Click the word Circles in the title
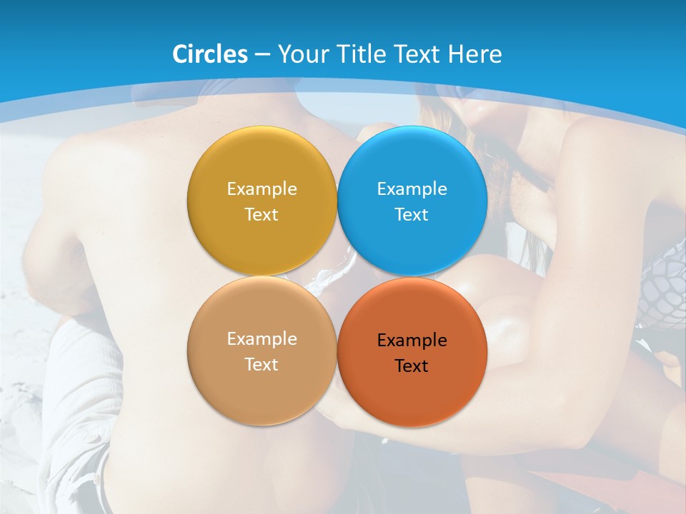(x=209, y=54)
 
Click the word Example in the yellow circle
(x=262, y=189)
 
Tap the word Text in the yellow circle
(x=262, y=215)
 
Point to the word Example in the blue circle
(x=412, y=189)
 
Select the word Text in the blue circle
(x=412, y=215)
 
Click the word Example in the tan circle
(x=262, y=339)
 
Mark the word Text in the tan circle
(x=262, y=365)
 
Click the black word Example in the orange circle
(x=412, y=341)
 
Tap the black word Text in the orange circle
(x=412, y=366)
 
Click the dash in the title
(x=262, y=55)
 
